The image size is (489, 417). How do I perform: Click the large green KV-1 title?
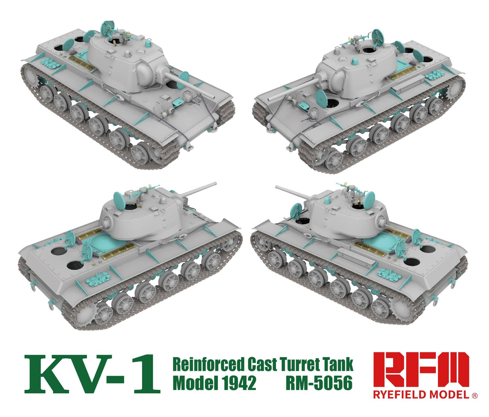pos(92,374)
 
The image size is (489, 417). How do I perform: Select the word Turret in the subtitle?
pos(300,365)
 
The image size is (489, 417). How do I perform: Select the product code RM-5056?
pos(319,383)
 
